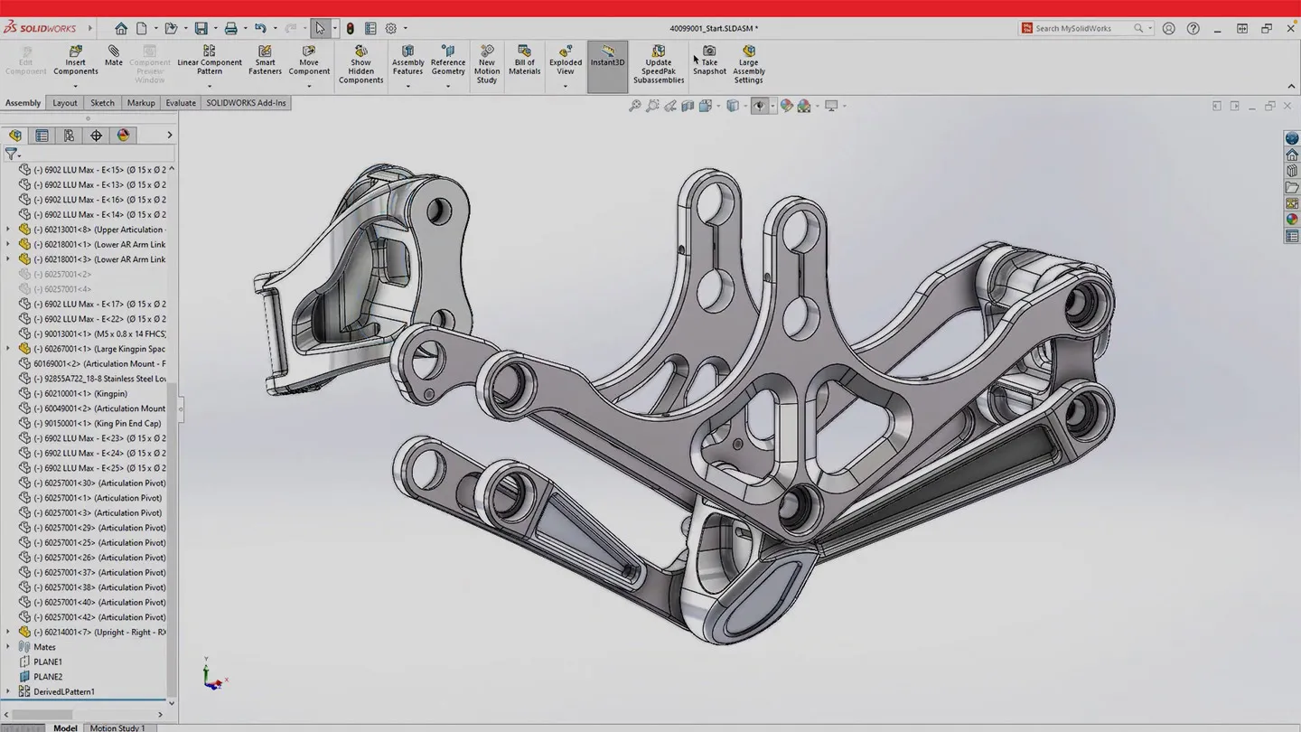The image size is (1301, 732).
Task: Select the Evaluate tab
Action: click(181, 103)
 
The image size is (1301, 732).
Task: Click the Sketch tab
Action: click(102, 103)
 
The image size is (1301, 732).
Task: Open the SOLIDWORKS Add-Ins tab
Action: click(246, 103)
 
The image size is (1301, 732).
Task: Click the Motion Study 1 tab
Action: click(117, 727)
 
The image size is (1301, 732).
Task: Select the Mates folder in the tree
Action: click(44, 647)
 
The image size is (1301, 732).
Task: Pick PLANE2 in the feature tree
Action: click(48, 677)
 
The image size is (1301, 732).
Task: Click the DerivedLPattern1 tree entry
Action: click(63, 692)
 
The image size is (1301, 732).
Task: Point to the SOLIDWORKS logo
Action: click(40, 28)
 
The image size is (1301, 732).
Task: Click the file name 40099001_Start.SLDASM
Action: click(713, 28)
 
